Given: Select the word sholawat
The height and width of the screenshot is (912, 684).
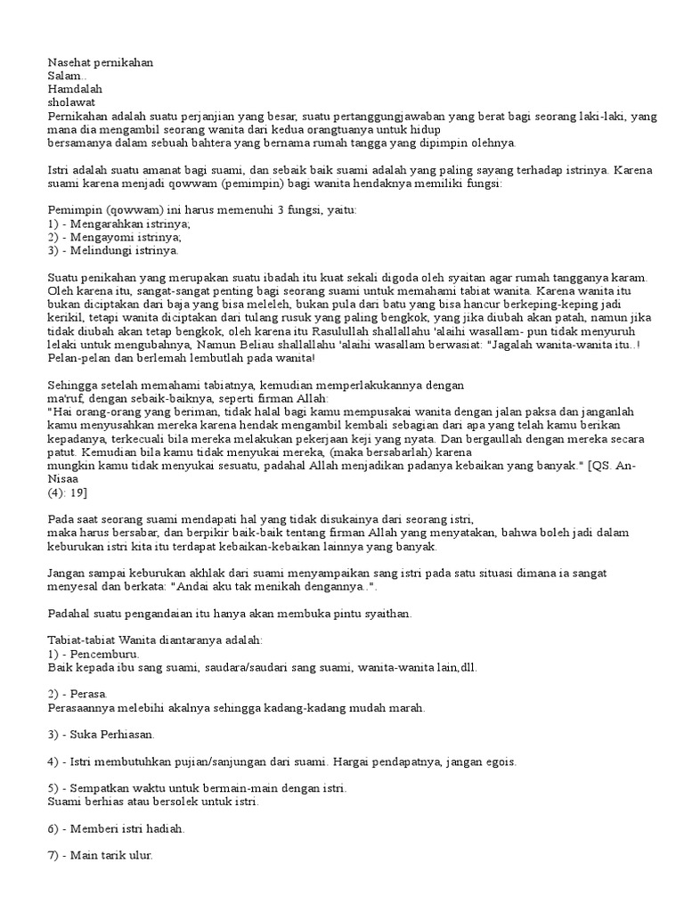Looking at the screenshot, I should (72, 102).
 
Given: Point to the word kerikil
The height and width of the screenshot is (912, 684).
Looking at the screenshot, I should (64, 318).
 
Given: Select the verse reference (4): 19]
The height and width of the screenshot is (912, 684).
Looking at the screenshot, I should (67, 493).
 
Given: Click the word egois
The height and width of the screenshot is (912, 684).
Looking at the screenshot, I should (498, 762).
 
